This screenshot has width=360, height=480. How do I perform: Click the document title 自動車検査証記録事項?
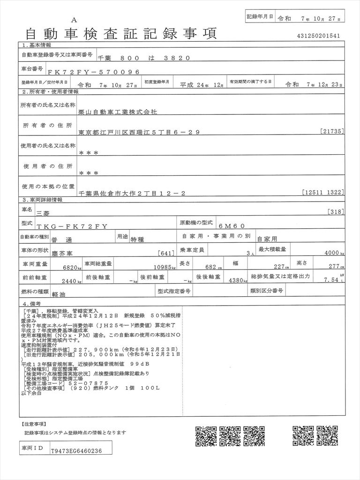(x=120, y=33)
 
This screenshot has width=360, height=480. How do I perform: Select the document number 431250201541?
(x=319, y=36)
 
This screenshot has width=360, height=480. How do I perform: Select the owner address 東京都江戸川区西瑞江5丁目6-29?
(x=139, y=133)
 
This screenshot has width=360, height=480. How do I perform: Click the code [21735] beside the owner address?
(x=332, y=131)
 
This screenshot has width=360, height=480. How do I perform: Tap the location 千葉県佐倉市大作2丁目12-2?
(x=133, y=193)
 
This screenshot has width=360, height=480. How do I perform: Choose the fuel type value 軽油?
(x=59, y=292)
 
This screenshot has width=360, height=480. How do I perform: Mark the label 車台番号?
(x=32, y=68)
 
